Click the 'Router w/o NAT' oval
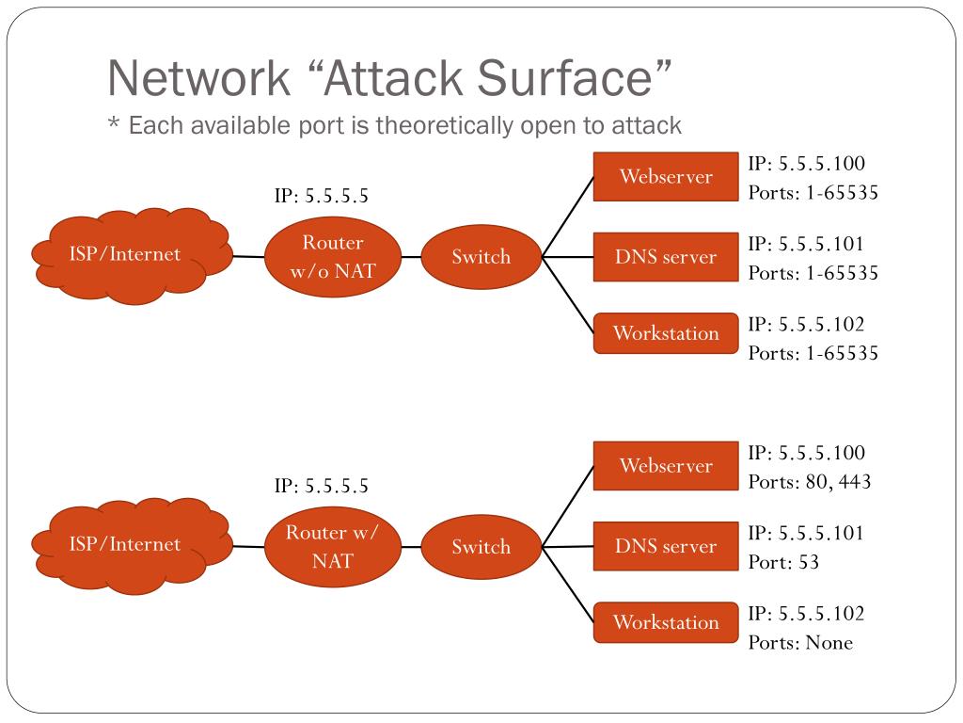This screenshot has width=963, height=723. (333, 257)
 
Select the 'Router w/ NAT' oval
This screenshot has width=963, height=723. (333, 547)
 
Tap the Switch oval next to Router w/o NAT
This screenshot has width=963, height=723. (481, 257)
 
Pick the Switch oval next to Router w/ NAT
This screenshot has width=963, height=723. (481, 547)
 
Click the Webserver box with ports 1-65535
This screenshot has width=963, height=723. (666, 177)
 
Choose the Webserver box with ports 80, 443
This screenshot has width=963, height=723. (666, 466)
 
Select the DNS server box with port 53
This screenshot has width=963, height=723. (666, 546)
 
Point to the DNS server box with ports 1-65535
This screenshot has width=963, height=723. (666, 257)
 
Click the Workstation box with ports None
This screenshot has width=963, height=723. (666, 622)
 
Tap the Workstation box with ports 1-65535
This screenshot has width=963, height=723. (666, 333)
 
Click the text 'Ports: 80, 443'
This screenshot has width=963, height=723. (810, 482)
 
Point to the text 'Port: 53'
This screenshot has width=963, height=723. (783, 563)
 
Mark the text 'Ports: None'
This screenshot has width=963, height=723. (800, 643)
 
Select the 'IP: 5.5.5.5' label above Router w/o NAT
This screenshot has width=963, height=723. (321, 197)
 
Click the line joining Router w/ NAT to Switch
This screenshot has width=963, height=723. (411, 547)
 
